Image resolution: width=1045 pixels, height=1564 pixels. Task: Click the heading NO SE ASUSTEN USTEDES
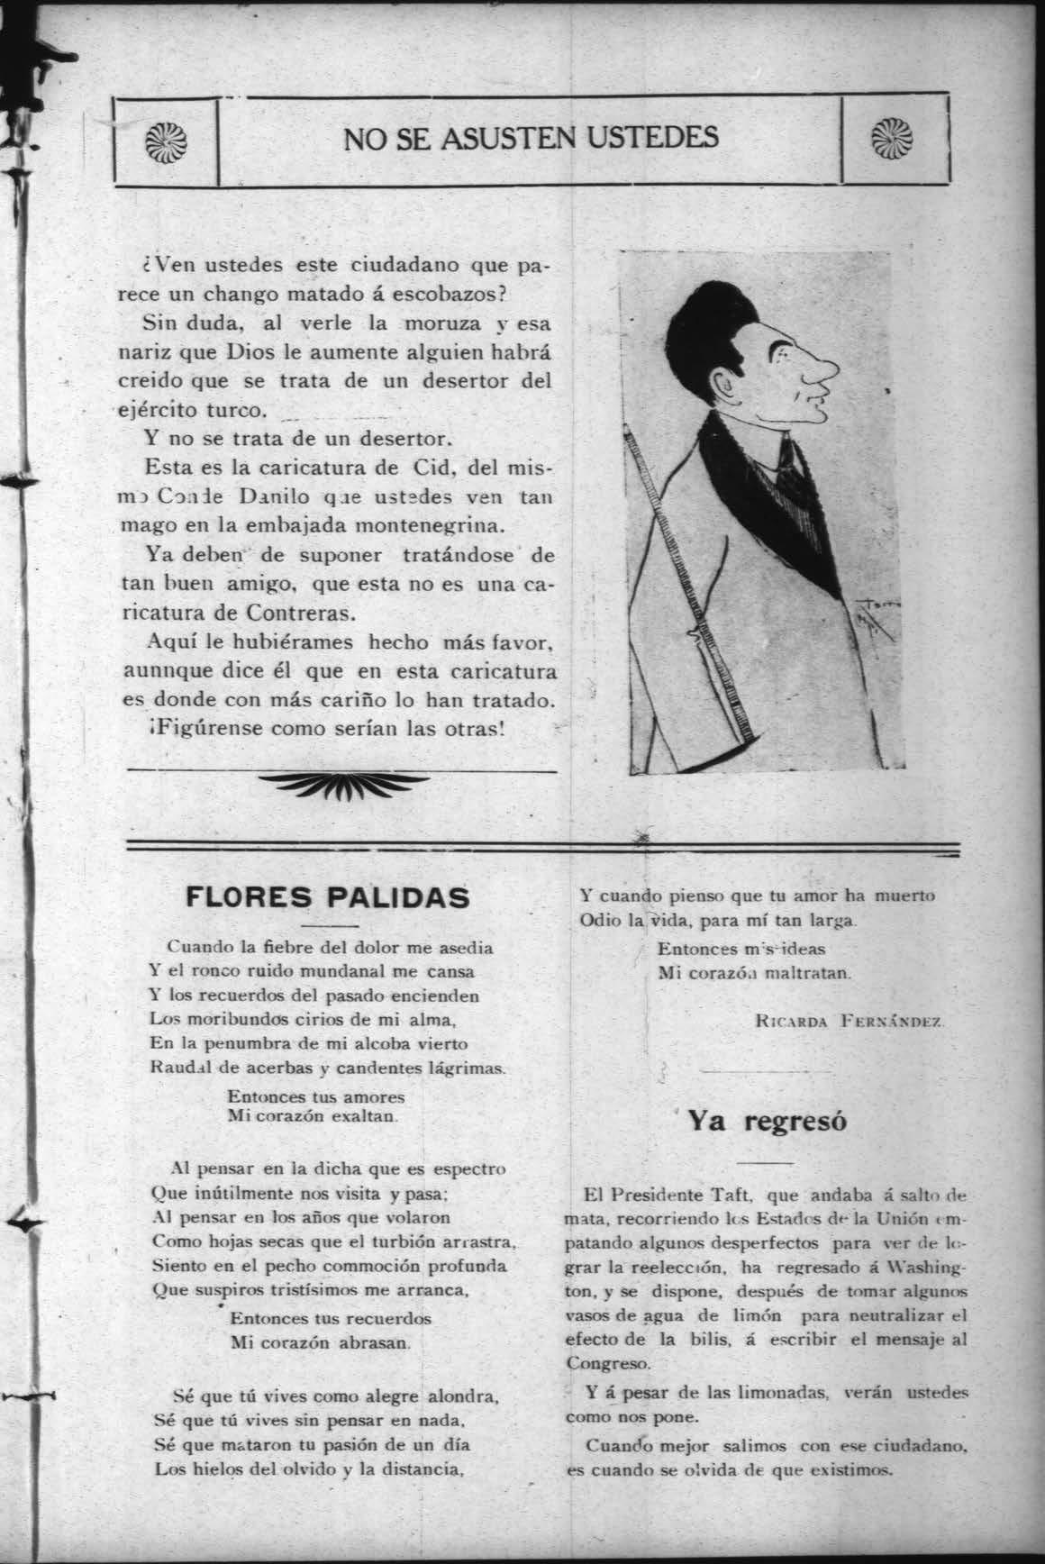coord(531,138)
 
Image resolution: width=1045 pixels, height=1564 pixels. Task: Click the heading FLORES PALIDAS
coord(327,897)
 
